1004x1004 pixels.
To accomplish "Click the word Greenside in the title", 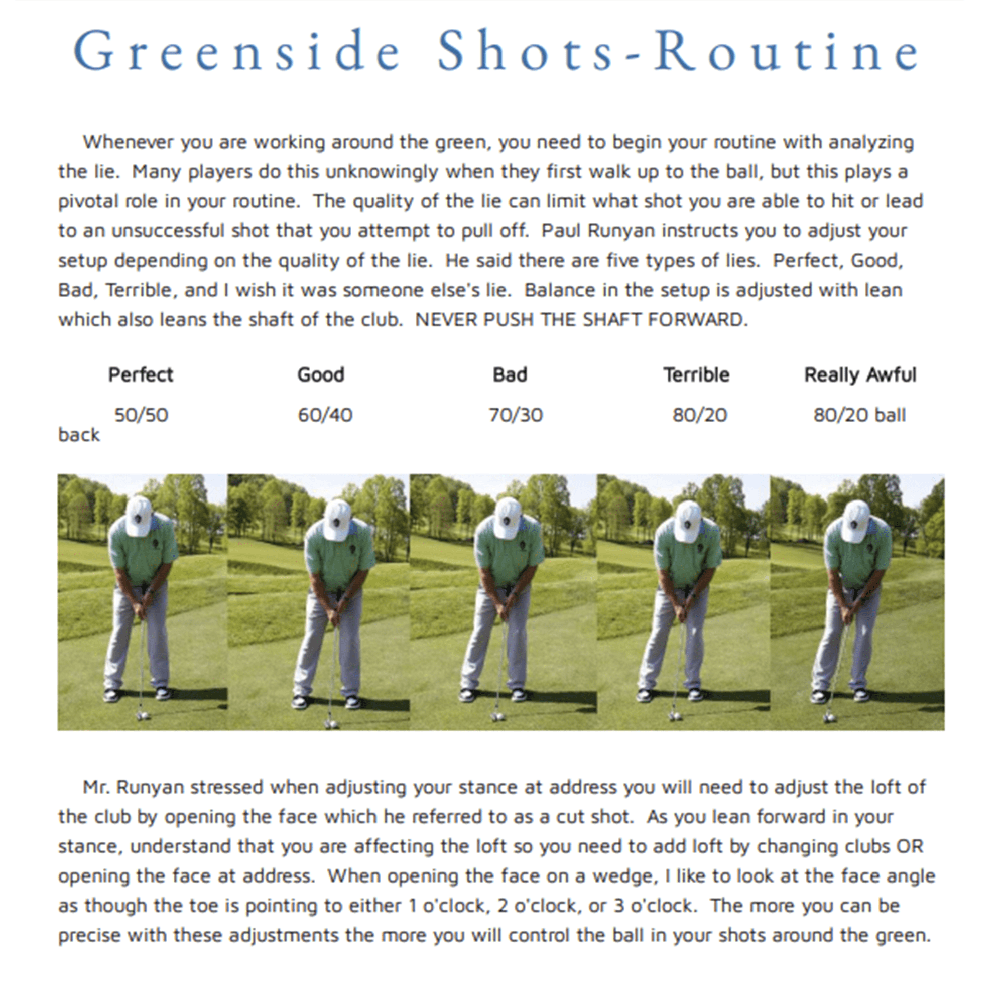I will (236, 51).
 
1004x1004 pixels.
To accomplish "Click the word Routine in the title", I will (786, 51).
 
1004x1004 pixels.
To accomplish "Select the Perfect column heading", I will (141, 374).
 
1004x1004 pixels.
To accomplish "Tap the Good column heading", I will (321, 374).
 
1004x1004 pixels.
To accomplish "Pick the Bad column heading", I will (510, 374).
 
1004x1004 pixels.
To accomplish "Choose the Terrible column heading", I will (696, 374).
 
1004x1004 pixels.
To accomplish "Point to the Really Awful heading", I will (860, 374).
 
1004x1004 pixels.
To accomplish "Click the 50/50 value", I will (142, 415).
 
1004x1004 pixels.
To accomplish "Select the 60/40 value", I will (325, 415).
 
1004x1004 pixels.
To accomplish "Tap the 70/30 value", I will (516, 415).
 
